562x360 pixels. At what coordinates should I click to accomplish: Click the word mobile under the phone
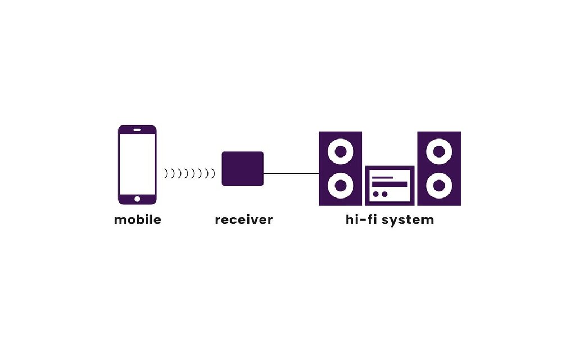coord(137,220)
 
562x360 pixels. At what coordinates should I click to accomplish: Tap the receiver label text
coord(243,220)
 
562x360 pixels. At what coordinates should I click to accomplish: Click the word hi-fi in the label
coord(361,219)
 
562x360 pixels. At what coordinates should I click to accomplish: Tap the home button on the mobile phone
coord(137,198)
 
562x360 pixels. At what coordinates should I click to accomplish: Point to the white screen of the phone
coord(137,163)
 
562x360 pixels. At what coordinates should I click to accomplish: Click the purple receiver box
coord(243,168)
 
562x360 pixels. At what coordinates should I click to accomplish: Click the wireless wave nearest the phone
coord(166,174)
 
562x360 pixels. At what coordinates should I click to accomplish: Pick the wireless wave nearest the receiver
coord(213,174)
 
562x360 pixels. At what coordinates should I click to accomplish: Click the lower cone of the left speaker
coord(340,185)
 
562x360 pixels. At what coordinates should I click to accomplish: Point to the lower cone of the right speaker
coord(438,185)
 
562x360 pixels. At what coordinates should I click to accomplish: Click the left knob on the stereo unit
coord(376,194)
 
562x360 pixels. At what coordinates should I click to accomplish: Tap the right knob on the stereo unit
coord(384,194)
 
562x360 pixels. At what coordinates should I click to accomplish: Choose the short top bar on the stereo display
coord(383,177)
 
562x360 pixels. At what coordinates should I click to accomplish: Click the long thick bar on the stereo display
coord(390,184)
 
